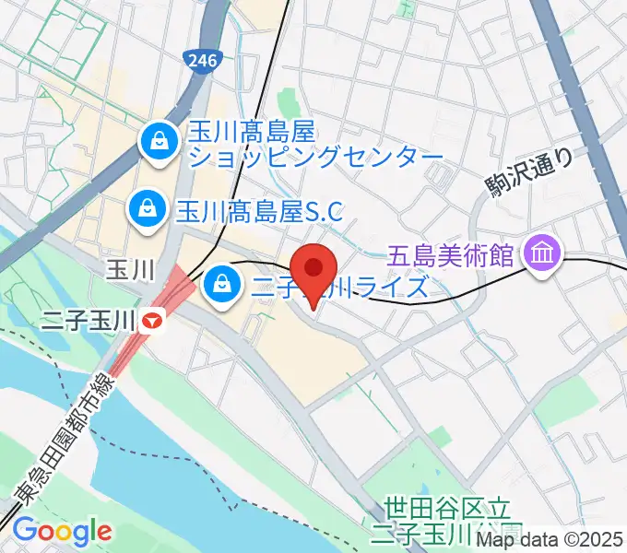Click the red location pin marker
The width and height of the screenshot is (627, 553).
tap(314, 269)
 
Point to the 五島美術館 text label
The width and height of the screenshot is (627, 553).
tap(448, 251)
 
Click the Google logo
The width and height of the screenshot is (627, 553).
tap(62, 531)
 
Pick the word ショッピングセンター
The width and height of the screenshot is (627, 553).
tap(315, 158)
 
